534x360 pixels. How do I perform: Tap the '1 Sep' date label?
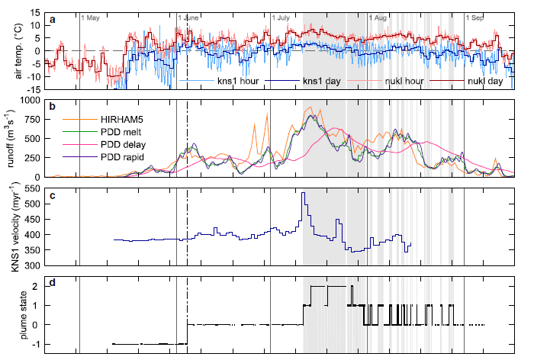(478, 17)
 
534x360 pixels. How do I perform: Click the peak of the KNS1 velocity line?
(304, 193)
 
